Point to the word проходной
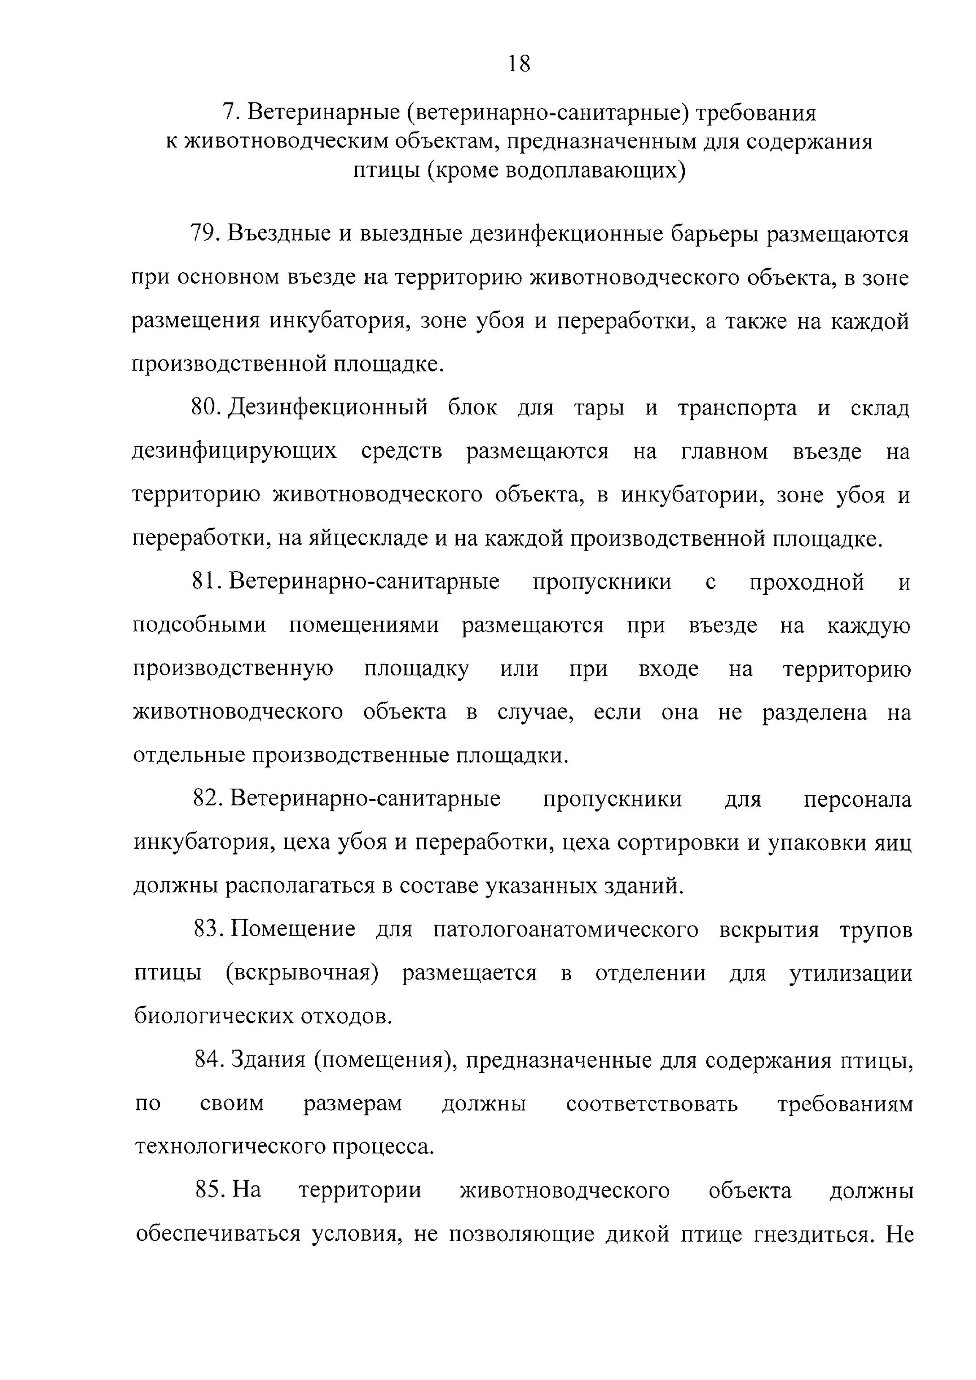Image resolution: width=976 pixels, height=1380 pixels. pos(806,582)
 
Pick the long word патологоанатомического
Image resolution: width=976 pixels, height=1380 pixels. pos(565,930)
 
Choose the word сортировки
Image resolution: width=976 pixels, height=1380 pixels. pos(680,843)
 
